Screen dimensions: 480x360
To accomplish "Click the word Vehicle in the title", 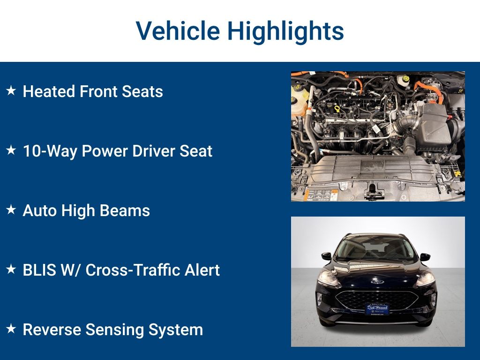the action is point(178,30).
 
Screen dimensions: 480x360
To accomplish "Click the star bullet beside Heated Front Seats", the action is point(11,90).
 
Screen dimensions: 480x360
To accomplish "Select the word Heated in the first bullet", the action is point(48,91).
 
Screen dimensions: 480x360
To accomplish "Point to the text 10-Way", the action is point(50,151).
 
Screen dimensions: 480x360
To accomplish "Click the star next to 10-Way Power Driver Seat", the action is point(11,150).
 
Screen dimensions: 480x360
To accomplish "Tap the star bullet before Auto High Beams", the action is point(11,210).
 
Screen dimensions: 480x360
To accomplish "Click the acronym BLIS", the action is point(39,270).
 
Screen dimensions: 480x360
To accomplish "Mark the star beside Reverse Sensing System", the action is point(11,329).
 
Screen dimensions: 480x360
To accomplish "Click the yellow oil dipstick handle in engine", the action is point(337,109).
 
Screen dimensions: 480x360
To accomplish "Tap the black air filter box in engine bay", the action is point(436,124).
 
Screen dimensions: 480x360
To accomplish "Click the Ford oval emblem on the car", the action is point(377,281).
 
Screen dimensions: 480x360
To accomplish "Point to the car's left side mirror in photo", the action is point(326,256).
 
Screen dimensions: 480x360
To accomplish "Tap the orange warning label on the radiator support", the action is point(321,195).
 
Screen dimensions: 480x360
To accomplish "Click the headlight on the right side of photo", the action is point(426,279).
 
